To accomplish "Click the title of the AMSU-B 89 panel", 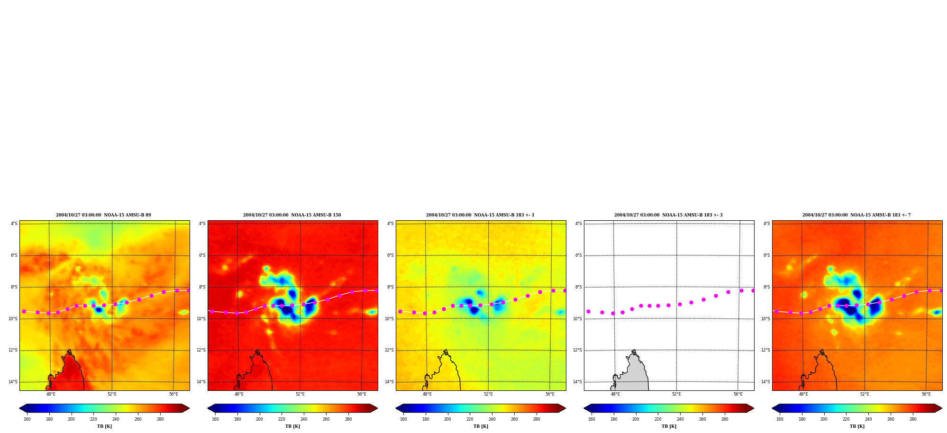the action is [103, 215].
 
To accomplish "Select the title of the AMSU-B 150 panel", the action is [292, 215].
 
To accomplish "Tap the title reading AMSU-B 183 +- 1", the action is [480, 215].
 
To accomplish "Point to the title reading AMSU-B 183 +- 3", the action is [668, 215].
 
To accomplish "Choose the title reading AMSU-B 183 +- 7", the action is [856, 215].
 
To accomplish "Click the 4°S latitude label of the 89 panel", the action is [14, 224].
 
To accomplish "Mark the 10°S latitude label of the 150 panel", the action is [201, 319].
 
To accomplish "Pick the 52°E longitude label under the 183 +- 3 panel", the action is [676, 394].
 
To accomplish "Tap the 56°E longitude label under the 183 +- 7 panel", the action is [926, 394].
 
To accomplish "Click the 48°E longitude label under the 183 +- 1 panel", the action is [427, 394].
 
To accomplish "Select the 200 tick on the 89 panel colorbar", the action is [71, 419].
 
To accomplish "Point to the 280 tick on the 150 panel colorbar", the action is [348, 419].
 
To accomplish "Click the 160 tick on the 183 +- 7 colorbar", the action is [780, 419].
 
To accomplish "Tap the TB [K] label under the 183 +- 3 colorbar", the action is [669, 426].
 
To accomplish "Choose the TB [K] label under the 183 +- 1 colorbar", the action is [481, 426].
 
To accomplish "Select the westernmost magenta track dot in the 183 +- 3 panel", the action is [588, 311].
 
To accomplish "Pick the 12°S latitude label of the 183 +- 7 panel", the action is [765, 350].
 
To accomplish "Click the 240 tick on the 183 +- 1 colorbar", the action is [492, 419].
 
